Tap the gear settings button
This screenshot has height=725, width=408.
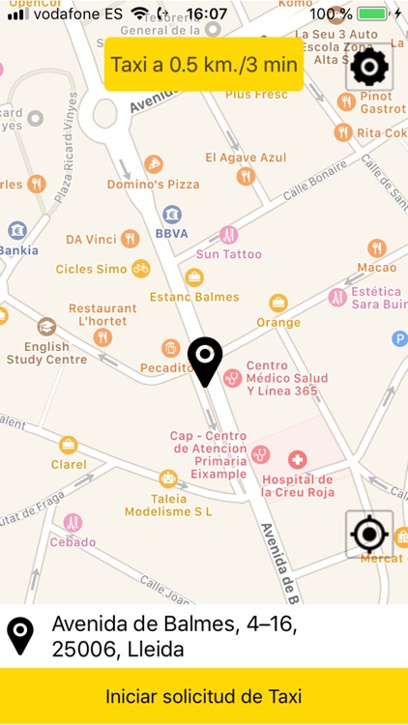368,68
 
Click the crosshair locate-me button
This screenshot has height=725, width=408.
368,534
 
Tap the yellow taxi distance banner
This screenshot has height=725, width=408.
204,66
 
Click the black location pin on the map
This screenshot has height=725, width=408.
205,362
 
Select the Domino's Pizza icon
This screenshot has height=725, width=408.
153,164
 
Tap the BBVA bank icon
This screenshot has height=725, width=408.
172,214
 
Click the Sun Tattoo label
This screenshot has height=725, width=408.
229,254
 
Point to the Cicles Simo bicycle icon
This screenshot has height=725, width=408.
141,268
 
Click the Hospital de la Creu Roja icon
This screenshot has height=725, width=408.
297,459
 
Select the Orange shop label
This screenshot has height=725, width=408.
278,322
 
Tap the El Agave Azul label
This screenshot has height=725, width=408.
246,158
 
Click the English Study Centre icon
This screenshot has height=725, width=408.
46,327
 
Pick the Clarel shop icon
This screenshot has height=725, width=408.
68,445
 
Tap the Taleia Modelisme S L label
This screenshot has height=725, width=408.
168,505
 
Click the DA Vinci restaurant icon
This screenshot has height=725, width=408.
130,239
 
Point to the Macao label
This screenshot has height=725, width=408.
376,267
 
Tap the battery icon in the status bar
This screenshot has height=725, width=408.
372,14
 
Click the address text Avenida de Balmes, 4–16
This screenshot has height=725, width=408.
174,625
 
